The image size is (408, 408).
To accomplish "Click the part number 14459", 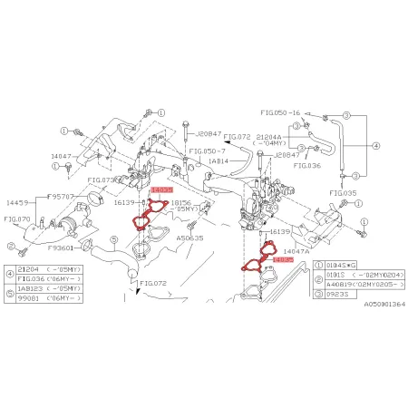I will [x=18, y=203].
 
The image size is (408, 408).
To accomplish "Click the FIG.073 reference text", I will [x=105, y=180].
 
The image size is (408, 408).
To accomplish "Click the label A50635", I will [x=190, y=237].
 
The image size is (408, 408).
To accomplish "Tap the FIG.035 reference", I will [x=344, y=193].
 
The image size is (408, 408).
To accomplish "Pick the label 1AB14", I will [x=219, y=160].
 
